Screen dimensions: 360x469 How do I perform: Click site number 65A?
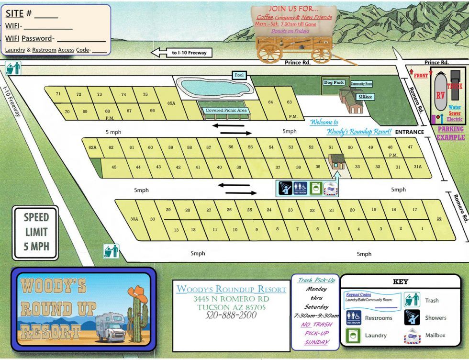171,103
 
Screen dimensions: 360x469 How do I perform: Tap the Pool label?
239,75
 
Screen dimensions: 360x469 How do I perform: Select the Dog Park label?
334,82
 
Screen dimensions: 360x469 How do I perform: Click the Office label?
365,96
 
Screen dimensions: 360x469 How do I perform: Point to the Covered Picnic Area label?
226,111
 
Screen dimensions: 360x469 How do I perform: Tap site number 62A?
92,147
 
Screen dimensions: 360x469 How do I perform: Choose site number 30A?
134,219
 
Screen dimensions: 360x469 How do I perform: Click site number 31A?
418,167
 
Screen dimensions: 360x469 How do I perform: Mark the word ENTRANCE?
410,132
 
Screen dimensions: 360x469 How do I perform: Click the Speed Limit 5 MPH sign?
36,233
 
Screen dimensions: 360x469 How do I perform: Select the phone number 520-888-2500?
231,315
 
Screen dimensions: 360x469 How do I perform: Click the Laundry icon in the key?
354,335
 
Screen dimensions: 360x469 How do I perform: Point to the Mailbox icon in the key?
412,335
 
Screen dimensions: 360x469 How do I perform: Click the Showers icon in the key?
412,317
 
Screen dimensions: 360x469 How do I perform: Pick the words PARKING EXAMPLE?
450,133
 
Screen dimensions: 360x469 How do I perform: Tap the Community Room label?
361,84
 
